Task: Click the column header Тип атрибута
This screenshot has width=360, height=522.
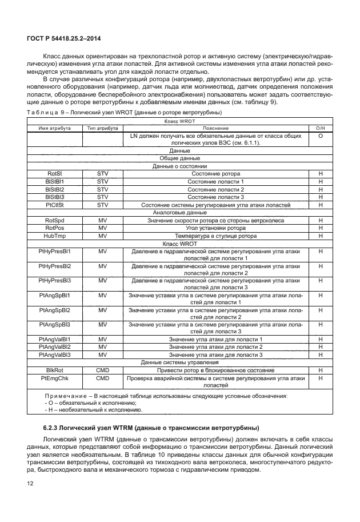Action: point(102,129)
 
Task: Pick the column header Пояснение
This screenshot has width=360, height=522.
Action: point(215,129)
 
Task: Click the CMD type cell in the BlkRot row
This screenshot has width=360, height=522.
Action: point(102,370)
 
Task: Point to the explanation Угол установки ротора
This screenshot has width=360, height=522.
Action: point(215,228)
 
